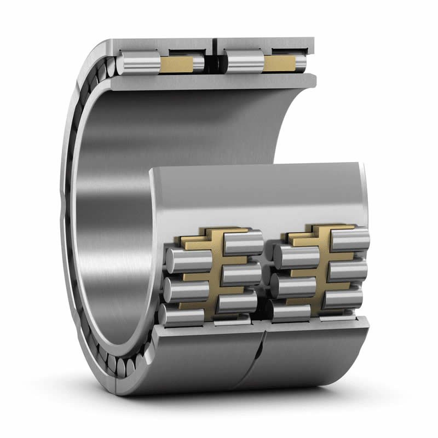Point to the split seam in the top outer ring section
215,46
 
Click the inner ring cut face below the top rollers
214,81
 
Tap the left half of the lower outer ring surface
203,356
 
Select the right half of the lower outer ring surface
318,356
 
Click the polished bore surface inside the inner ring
109,219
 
